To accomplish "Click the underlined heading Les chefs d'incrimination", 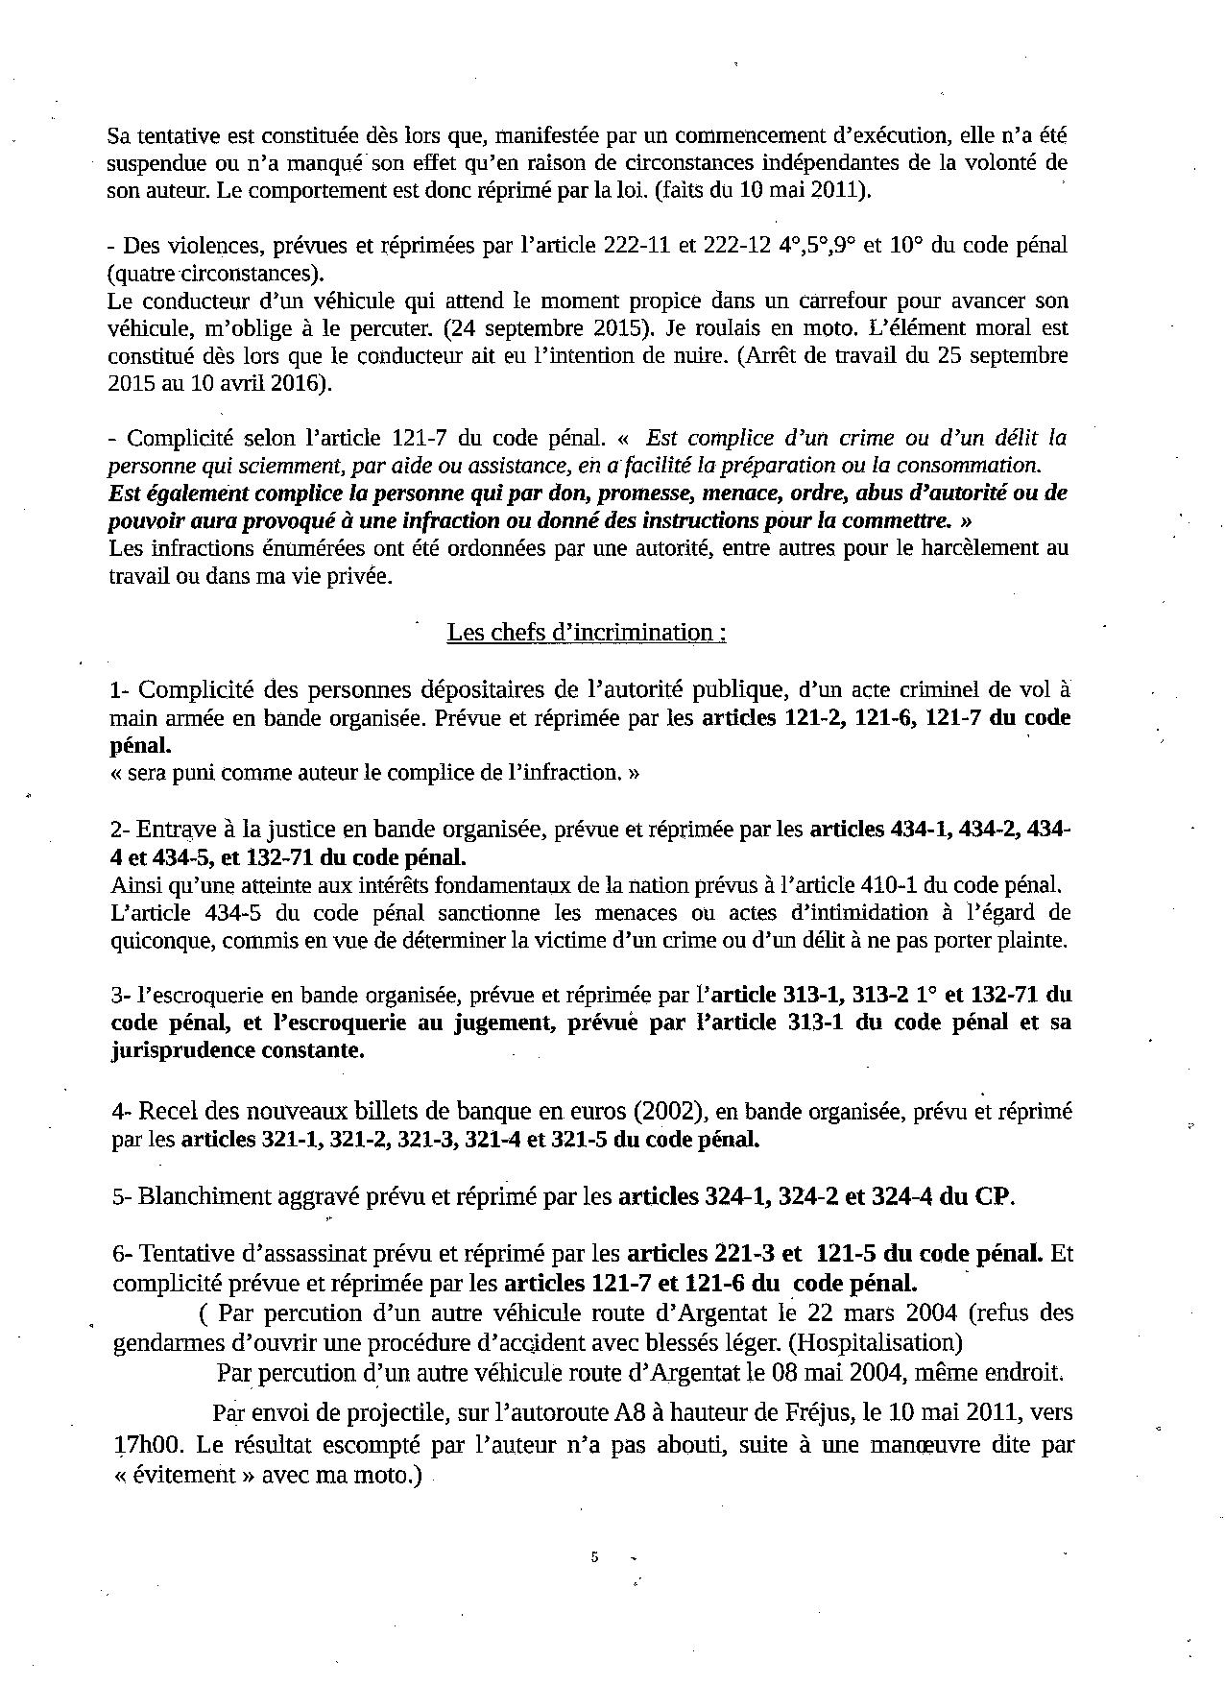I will coord(586,633).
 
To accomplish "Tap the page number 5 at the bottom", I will coord(595,1557).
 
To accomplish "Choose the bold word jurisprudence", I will coord(182,1050).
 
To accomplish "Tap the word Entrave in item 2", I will coord(173,829).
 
